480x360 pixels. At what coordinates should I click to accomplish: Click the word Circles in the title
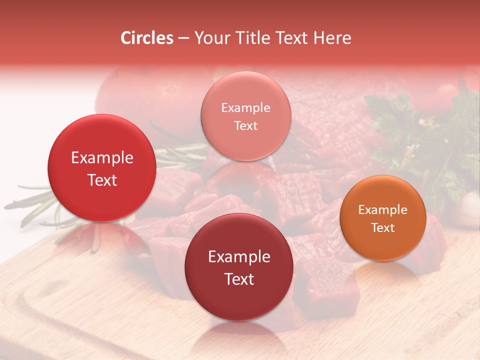(x=147, y=38)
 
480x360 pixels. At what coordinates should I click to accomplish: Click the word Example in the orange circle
(x=382, y=210)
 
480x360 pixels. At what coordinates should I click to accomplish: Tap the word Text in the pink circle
(x=245, y=125)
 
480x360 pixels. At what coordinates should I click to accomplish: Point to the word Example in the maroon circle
(x=239, y=257)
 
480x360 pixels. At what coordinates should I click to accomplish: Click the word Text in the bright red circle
(x=102, y=180)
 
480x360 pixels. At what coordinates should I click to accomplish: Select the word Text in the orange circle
(x=382, y=228)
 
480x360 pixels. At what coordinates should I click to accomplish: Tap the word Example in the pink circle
(x=245, y=108)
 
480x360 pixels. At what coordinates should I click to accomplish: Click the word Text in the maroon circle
(x=239, y=279)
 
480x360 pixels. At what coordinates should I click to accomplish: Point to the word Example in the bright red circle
(x=102, y=158)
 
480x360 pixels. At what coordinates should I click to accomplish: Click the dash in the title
(x=183, y=38)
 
